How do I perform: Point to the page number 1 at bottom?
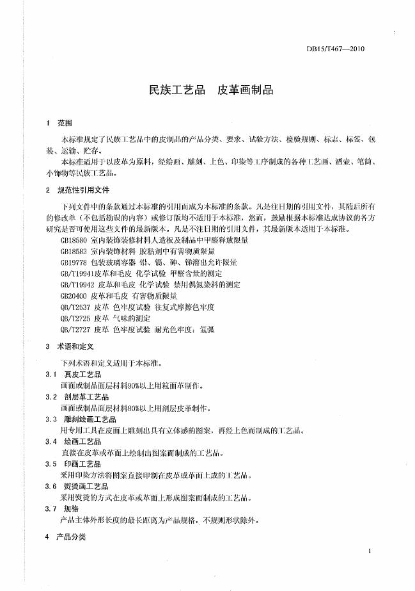click(371, 551)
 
